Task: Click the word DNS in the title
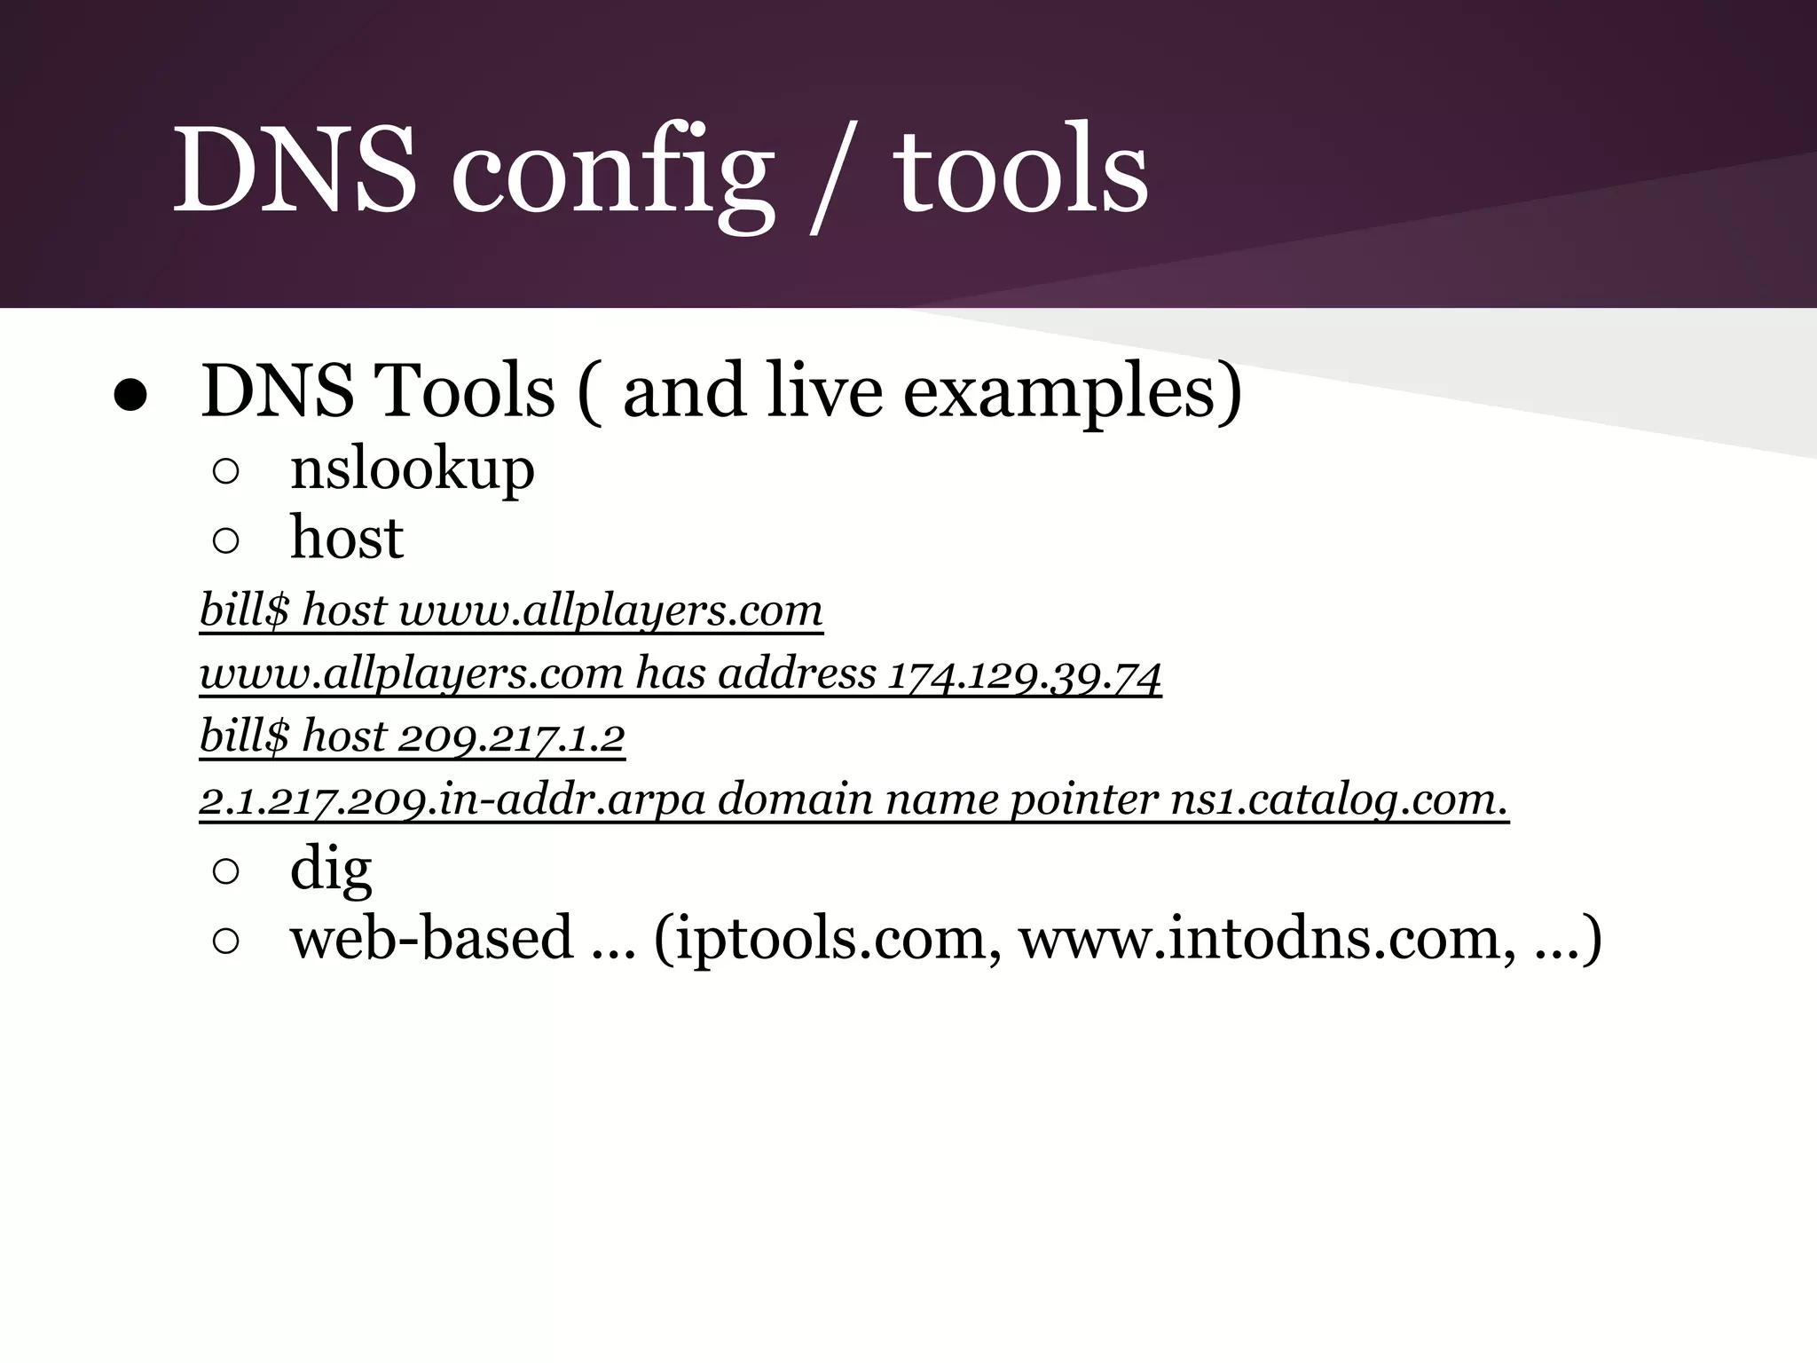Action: point(294,170)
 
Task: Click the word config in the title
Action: point(612,174)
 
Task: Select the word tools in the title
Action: point(1020,170)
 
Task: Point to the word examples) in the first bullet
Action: point(1073,393)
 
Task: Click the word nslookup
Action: point(413,469)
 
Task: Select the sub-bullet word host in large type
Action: point(347,538)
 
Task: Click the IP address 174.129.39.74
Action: point(1025,674)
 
